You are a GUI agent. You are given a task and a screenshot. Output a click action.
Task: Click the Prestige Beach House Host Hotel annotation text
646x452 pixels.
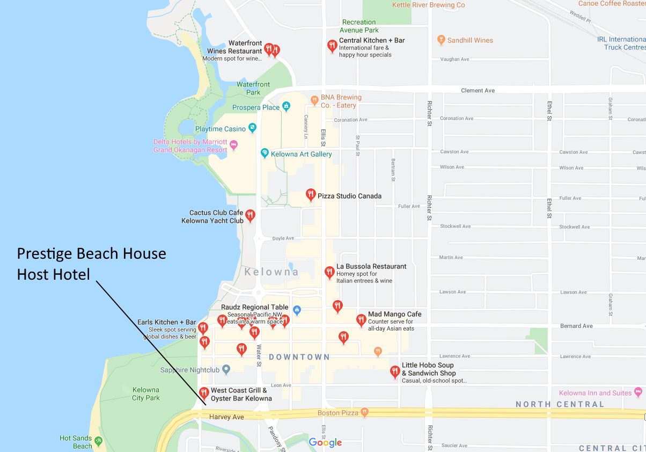[91, 264]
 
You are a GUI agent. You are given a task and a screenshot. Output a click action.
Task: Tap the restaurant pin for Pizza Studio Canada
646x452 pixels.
[310, 194]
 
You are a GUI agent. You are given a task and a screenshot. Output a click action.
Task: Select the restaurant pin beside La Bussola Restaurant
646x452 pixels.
[329, 272]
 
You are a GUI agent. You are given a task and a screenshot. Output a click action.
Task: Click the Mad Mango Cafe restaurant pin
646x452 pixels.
[361, 320]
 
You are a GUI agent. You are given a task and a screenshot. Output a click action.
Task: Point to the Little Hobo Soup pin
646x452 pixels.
[395, 371]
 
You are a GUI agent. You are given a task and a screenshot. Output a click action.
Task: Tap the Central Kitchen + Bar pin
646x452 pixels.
[332, 46]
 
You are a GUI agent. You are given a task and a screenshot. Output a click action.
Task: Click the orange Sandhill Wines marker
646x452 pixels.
[441, 40]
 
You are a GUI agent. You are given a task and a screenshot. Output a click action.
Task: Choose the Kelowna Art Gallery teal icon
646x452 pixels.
[265, 154]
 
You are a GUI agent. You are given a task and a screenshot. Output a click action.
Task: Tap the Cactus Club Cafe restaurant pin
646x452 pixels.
[250, 215]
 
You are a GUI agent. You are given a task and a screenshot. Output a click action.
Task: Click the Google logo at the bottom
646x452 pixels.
[325, 442]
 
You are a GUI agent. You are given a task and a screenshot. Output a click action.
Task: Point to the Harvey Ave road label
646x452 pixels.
[226, 417]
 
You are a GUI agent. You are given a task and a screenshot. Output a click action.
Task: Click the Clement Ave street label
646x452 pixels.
[478, 90]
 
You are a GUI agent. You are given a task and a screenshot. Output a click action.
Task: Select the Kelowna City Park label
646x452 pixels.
[145, 394]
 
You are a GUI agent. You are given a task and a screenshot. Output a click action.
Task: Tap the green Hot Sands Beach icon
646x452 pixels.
[98, 442]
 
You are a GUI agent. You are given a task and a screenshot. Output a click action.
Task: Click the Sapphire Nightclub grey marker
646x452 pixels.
[226, 369]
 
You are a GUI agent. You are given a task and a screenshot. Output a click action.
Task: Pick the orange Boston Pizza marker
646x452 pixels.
[364, 412]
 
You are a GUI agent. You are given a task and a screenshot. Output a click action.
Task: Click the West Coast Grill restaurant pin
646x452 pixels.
[203, 393]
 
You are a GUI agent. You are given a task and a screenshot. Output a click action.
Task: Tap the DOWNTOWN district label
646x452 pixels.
[299, 357]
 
